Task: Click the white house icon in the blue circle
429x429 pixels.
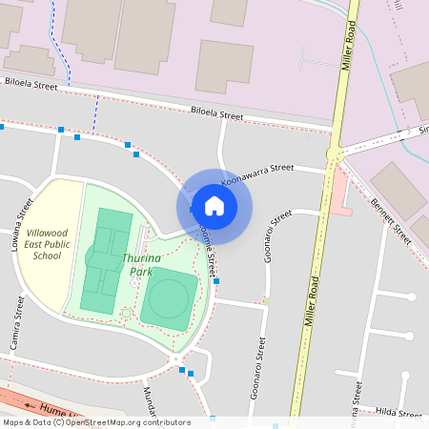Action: [214, 205]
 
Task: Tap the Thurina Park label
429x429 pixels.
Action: [140, 264]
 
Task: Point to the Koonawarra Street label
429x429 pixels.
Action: [257, 173]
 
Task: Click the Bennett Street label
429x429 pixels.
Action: [391, 220]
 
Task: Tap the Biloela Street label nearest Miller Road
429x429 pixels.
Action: [217, 113]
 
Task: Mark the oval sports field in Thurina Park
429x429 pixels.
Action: [170, 297]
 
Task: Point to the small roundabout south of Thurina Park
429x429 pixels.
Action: [176, 358]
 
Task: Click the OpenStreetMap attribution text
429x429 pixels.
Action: [95, 422]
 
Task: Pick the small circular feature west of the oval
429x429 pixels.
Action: [127, 314]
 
